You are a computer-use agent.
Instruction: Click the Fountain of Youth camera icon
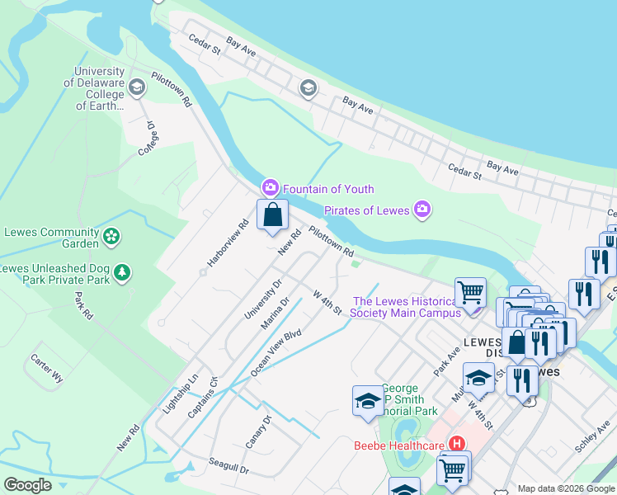click(x=270, y=189)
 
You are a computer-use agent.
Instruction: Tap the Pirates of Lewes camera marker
click(x=422, y=210)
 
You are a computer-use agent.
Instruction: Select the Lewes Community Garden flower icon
click(x=111, y=238)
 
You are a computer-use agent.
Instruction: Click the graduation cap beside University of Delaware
click(x=137, y=86)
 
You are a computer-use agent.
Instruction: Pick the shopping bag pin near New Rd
click(x=272, y=215)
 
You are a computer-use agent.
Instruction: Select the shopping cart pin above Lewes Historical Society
click(x=470, y=291)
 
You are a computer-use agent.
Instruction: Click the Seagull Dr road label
click(x=228, y=467)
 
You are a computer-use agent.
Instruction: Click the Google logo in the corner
click(x=27, y=485)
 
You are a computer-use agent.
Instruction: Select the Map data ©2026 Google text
click(x=566, y=488)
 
